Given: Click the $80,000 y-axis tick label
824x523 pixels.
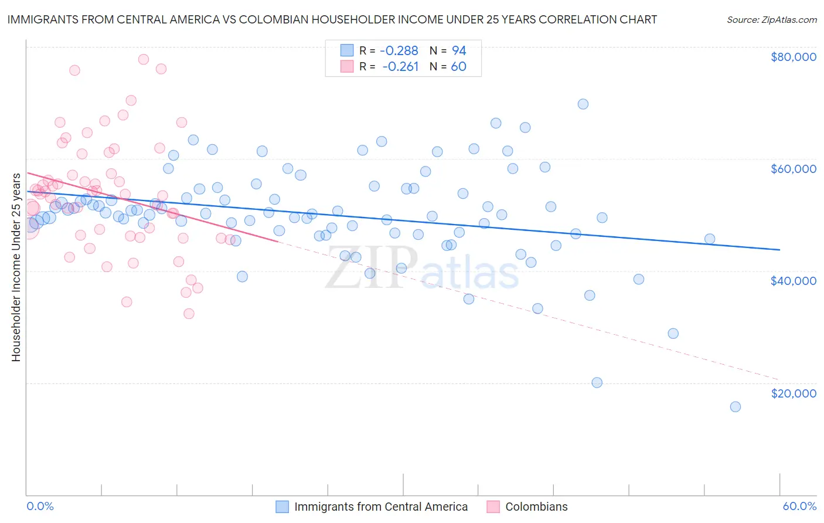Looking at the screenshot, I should pyautogui.click(x=794, y=57).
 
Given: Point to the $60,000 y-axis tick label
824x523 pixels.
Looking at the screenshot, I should pyautogui.click(x=794, y=169).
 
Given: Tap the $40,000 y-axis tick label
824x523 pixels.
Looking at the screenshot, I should pyautogui.click(x=794, y=281).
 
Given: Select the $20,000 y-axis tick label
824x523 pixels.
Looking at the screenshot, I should pyautogui.click(x=794, y=393).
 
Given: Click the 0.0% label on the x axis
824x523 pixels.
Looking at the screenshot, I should pyautogui.click(x=40, y=506).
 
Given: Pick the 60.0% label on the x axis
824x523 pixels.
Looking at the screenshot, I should pyautogui.click(x=799, y=506).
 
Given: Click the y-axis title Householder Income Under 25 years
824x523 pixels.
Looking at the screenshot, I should pyautogui.click(x=16, y=267).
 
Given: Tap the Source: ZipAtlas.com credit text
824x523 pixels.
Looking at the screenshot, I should pyautogui.click(x=772, y=19).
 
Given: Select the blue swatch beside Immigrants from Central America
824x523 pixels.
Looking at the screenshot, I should pyautogui.click(x=282, y=507).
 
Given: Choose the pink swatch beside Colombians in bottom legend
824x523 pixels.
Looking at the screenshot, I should pyautogui.click(x=493, y=507).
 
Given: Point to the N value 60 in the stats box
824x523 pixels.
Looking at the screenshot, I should pyautogui.click(x=458, y=67).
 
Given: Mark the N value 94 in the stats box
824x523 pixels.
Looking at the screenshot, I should pyautogui.click(x=458, y=50).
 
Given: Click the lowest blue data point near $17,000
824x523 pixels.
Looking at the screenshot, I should pyautogui.click(x=736, y=407).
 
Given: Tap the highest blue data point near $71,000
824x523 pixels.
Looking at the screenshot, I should pyautogui.click(x=583, y=104).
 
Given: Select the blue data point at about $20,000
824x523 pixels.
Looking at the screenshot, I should pyautogui.click(x=597, y=383).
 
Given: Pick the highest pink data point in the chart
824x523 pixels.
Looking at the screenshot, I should pyautogui.click(x=143, y=59).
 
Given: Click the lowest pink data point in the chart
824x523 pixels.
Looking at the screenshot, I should pyautogui.click(x=189, y=314).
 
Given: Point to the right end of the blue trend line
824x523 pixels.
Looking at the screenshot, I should pyautogui.click(x=779, y=250).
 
